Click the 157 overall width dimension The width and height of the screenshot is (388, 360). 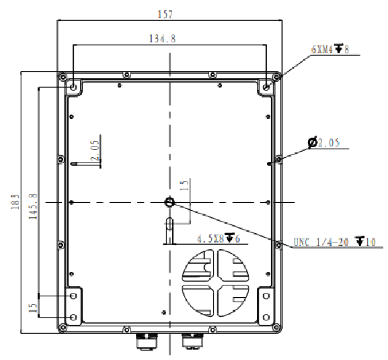pyautogui.click(x=165, y=14)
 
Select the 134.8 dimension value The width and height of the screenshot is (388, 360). pyautogui.click(x=162, y=38)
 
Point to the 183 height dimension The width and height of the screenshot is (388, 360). pyautogui.click(x=15, y=201)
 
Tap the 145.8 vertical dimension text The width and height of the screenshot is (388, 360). pyautogui.click(x=33, y=206)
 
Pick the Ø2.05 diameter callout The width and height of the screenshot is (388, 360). pyautogui.click(x=323, y=142)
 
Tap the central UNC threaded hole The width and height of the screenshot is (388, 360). pyautogui.click(x=169, y=202)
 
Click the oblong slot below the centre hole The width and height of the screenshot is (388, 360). pyautogui.click(x=169, y=224)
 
